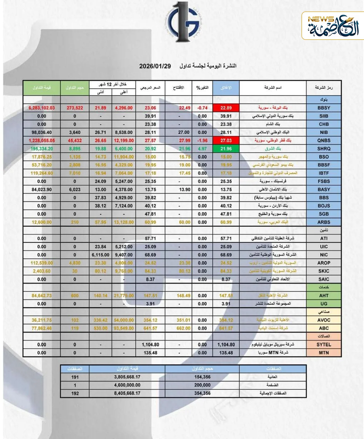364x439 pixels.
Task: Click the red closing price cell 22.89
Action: [226, 108]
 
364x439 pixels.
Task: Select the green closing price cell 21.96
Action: [226, 149]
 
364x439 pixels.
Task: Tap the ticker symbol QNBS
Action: [324, 140]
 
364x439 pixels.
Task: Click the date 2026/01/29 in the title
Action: [155, 66]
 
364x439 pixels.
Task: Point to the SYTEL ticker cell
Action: [324, 345]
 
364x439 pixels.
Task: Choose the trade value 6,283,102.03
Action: [42, 108]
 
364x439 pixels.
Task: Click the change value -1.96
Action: [202, 140]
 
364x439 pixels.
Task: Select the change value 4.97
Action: [202, 149]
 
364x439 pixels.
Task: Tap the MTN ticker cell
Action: [324, 353]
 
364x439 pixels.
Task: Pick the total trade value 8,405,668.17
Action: [127, 393]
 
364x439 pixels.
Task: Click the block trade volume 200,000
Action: [202, 385]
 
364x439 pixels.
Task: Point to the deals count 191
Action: [75, 377]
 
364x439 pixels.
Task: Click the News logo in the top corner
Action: [333, 26]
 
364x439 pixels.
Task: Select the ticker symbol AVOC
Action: [324, 320]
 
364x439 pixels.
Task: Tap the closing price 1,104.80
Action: [226, 345]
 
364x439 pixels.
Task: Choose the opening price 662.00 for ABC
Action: [183, 328]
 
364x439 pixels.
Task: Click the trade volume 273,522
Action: [75, 108]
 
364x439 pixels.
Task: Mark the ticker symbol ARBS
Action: [324, 222]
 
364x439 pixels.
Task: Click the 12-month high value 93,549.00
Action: [124, 328]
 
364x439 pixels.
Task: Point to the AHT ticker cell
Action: [324, 296]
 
